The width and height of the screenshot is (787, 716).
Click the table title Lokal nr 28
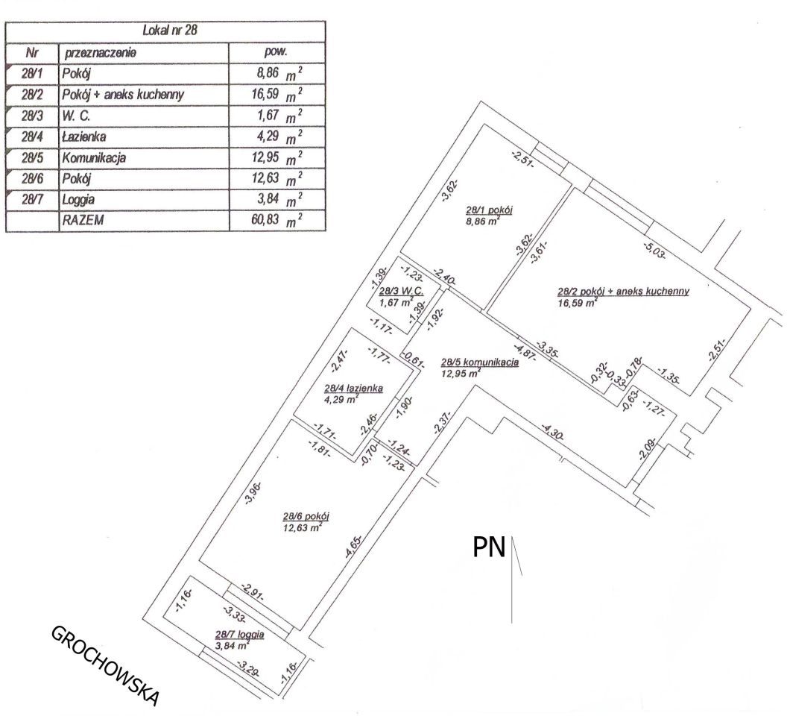coord(170,30)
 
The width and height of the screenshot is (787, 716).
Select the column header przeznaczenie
coord(100,52)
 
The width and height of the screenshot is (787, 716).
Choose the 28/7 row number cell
coord(32,199)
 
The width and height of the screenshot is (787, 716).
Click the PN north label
coord(489,547)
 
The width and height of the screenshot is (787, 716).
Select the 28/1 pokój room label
coord(489,210)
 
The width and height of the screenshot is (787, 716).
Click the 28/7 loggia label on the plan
coord(239,635)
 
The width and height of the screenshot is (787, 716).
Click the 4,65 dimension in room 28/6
coord(353,547)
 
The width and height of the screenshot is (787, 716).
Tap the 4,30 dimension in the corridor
coord(552,432)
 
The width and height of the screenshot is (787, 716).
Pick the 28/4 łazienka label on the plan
coord(353,389)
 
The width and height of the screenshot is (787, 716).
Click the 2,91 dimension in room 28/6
coord(253,592)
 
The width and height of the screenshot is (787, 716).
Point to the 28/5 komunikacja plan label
coord(479,362)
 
